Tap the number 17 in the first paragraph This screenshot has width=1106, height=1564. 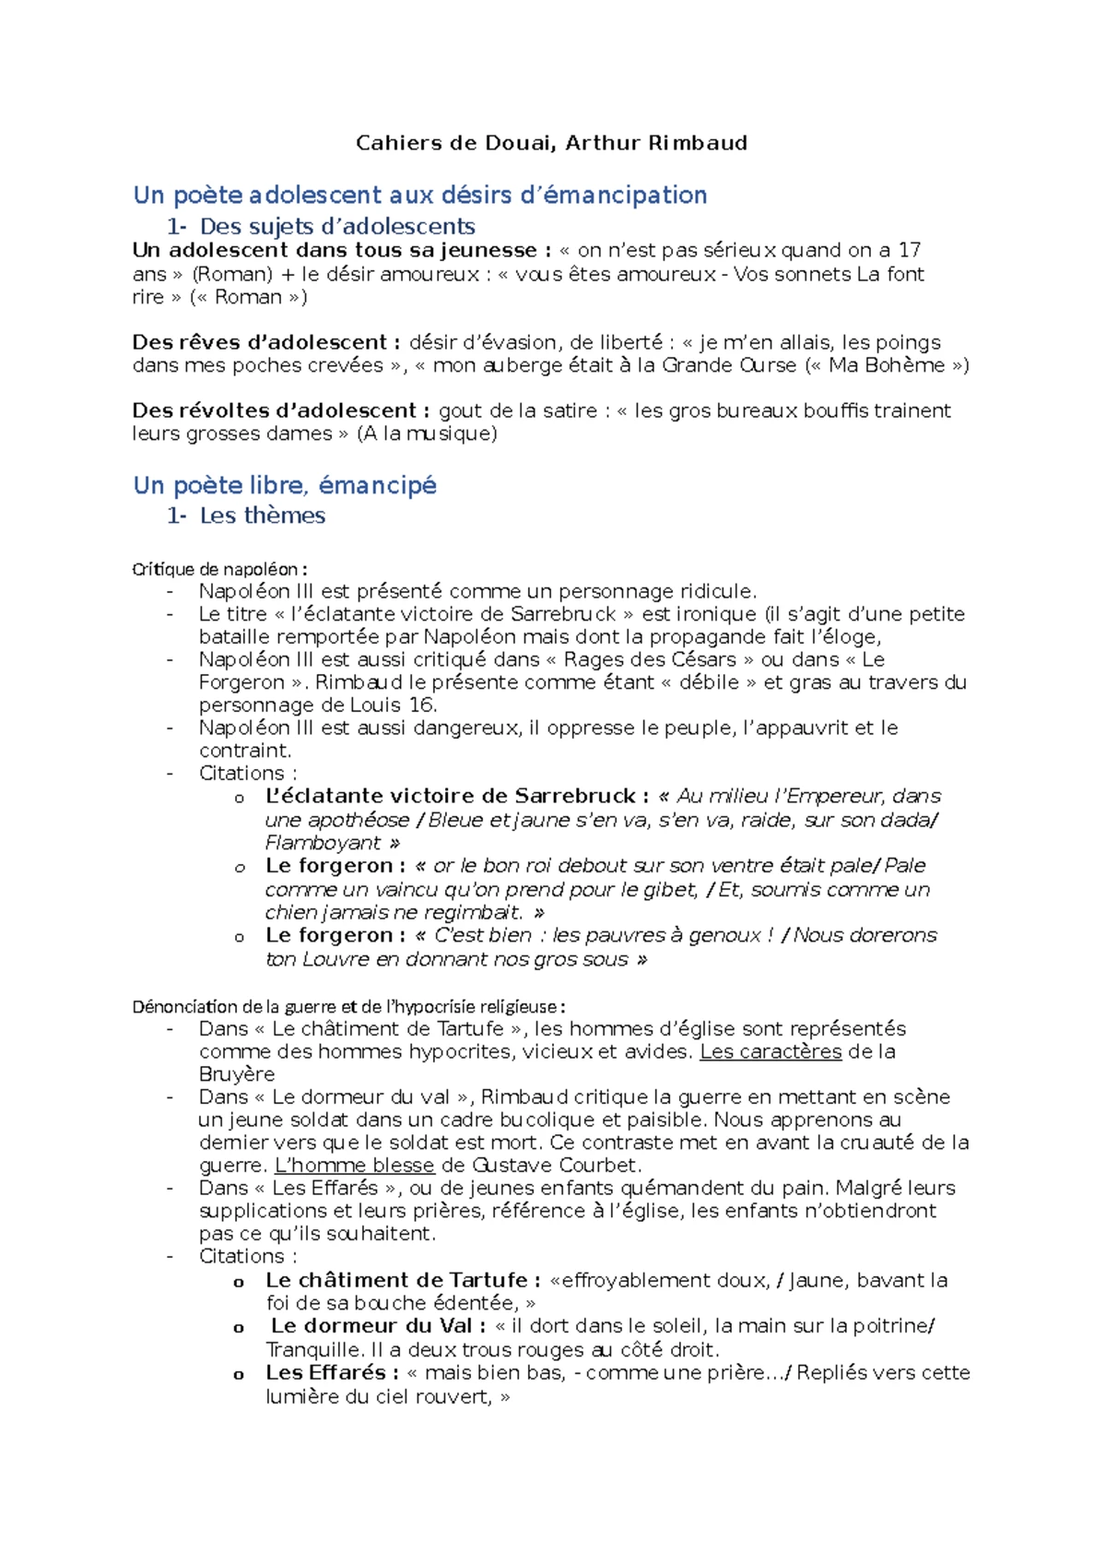(909, 250)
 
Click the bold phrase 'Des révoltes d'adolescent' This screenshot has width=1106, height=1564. (275, 410)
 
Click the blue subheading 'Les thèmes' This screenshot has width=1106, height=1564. (263, 515)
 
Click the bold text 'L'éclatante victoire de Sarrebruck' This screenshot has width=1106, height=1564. (451, 796)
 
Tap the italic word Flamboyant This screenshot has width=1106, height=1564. (323, 843)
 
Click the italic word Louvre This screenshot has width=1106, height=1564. (335, 959)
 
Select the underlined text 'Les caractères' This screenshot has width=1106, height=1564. (771, 1051)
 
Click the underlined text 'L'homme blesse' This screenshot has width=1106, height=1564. (354, 1165)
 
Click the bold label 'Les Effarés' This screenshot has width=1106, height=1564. (325, 1372)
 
